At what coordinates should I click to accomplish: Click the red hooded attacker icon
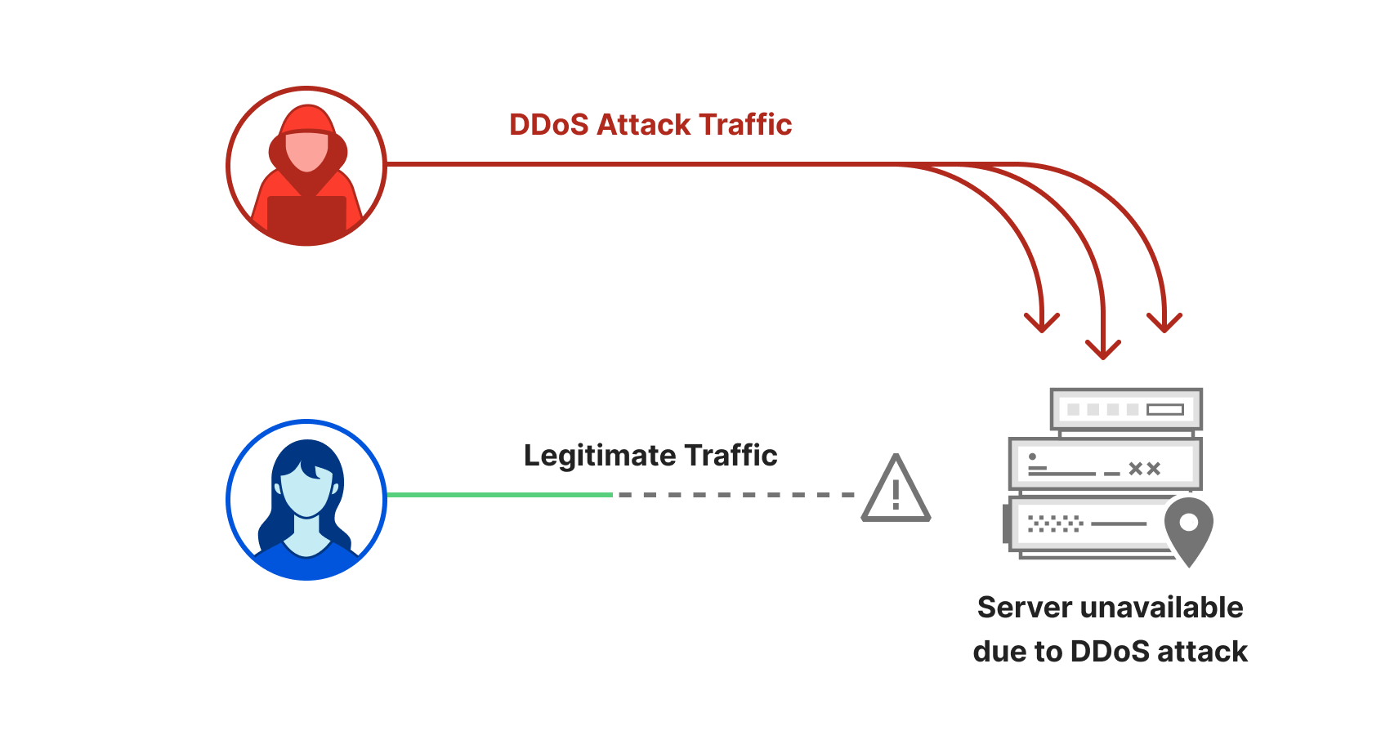(x=306, y=166)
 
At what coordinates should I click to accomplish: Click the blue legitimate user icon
(x=306, y=500)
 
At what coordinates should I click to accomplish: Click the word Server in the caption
(x=1025, y=608)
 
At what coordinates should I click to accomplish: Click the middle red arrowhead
(x=1103, y=350)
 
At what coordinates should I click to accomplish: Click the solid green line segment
(x=499, y=495)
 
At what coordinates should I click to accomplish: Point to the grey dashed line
(x=735, y=495)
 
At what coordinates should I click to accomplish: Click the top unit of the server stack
(x=1126, y=409)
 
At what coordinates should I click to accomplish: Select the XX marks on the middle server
(x=1144, y=469)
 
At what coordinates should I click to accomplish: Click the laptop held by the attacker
(x=306, y=216)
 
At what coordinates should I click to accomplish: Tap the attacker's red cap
(x=307, y=121)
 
